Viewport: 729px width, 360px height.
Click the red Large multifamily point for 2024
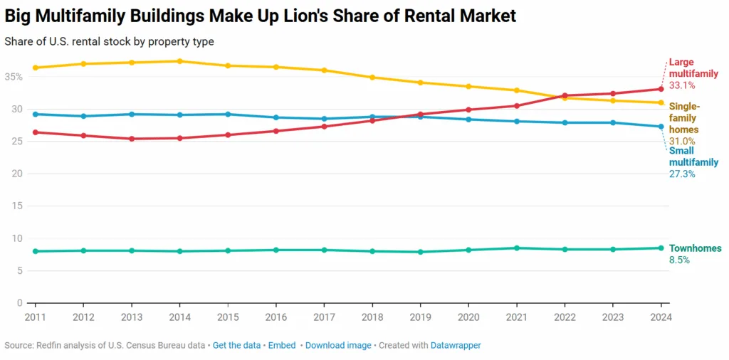coord(661,89)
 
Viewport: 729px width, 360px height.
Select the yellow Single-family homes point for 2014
coord(180,61)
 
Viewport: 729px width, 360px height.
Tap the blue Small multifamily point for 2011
coord(36,114)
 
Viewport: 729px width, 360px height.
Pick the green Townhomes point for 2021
coord(516,248)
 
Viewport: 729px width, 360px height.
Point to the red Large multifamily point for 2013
coord(132,139)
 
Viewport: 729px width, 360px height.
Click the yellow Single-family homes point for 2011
coord(36,68)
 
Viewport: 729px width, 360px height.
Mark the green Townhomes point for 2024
coord(661,248)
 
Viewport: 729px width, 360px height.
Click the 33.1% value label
coord(682,85)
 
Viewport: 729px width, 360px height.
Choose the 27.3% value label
coord(682,174)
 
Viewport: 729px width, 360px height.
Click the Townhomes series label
coord(695,248)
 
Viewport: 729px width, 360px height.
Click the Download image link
coord(338,345)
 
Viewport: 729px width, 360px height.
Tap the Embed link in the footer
coord(282,345)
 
